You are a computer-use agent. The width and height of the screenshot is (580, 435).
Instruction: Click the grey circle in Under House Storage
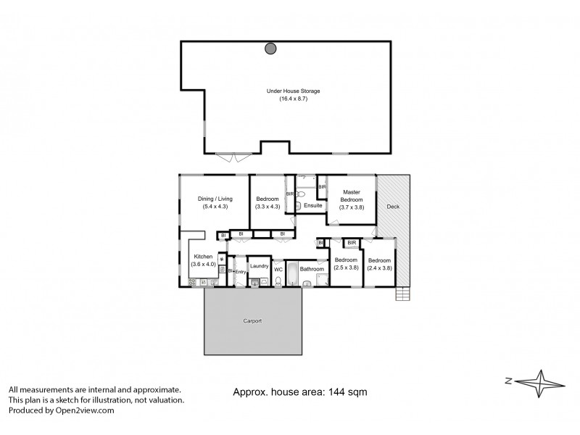(x=270, y=49)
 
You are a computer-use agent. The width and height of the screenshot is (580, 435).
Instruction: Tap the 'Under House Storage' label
(x=294, y=91)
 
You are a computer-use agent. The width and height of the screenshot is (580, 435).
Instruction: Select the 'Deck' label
(x=392, y=207)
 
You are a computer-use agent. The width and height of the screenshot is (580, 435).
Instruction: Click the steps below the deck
(x=403, y=294)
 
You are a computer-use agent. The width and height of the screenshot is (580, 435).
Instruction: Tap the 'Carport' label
(x=252, y=320)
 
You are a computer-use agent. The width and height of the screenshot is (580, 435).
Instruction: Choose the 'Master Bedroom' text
(x=352, y=196)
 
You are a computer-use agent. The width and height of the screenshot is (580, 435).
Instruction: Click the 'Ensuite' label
(x=313, y=206)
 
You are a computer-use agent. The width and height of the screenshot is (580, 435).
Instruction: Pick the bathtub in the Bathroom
(x=290, y=274)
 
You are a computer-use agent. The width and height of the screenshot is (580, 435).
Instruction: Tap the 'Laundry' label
(x=259, y=266)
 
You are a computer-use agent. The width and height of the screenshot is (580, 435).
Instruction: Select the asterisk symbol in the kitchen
(x=221, y=259)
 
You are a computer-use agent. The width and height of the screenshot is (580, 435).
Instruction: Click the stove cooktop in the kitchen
(x=223, y=270)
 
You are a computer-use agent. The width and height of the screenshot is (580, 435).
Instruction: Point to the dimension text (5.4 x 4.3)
(x=215, y=207)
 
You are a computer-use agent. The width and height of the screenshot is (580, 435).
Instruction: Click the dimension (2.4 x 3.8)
(x=379, y=268)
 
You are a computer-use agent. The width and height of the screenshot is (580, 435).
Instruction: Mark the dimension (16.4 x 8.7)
(x=294, y=99)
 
